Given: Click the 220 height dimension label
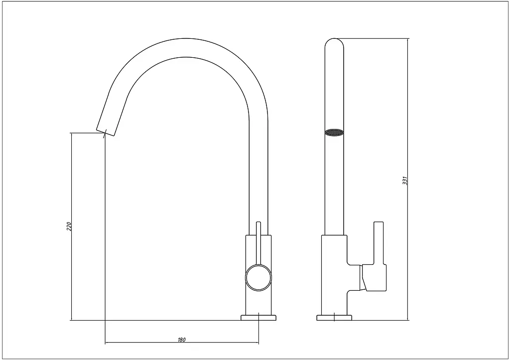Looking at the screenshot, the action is click(x=69, y=227).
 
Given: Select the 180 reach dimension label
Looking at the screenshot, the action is click(x=181, y=340).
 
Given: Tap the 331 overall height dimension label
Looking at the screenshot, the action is click(x=404, y=180).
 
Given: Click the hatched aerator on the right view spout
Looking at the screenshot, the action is click(x=334, y=132).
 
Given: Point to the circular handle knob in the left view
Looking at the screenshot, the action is click(x=258, y=277).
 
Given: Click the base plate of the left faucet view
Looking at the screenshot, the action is click(x=258, y=318).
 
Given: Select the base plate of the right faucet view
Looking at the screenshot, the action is click(x=334, y=318).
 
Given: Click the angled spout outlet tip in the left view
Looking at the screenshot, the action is click(x=106, y=132).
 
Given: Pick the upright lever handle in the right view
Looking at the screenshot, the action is click(x=379, y=243).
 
